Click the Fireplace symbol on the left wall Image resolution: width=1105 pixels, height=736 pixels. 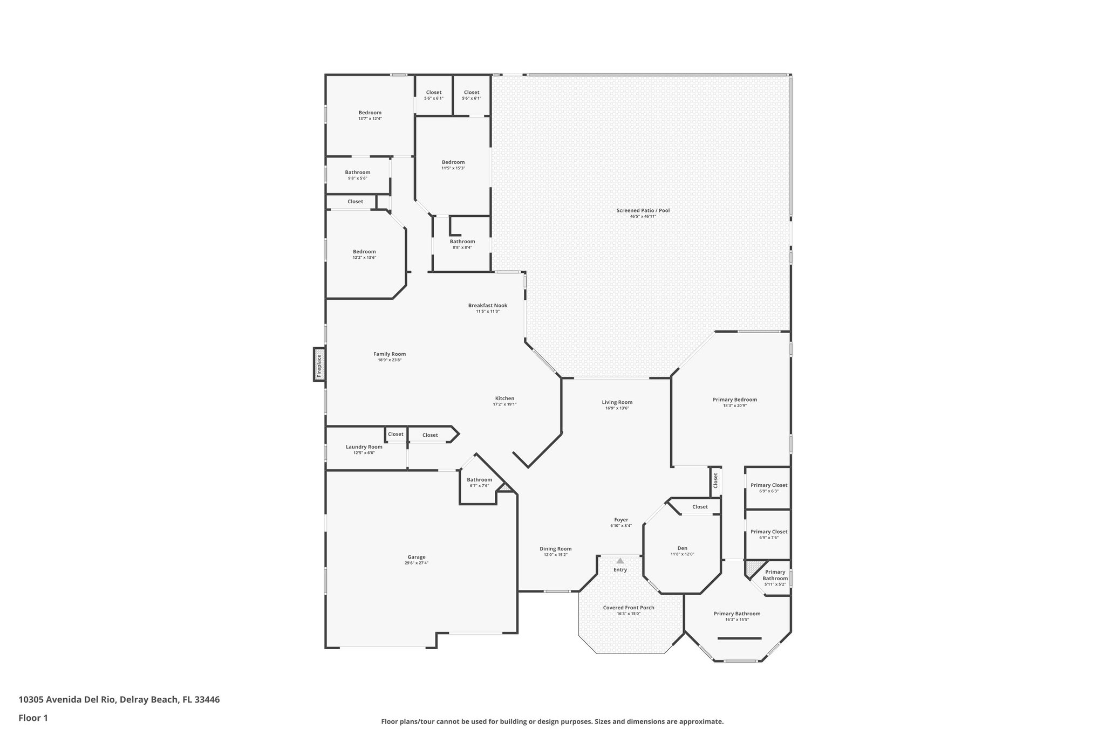[319, 364]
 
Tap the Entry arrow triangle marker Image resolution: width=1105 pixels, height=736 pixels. [620, 561]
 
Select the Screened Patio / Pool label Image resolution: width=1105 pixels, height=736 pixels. [643, 210]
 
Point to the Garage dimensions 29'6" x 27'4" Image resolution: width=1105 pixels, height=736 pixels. [416, 563]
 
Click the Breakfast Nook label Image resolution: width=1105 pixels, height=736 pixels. [487, 305]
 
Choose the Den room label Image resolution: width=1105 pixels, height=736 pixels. [682, 548]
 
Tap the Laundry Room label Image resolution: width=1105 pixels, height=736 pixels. [364, 446]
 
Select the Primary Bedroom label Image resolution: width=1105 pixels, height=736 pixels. [734, 400]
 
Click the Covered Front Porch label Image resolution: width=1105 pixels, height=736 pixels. [628, 608]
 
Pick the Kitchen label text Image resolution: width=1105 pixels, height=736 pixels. [504, 398]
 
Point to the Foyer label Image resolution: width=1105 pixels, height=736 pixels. [620, 520]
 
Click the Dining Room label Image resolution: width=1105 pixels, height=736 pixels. [555, 549]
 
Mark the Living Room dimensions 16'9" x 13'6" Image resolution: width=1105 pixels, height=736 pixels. [617, 408]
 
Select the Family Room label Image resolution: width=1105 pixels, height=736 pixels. [389, 354]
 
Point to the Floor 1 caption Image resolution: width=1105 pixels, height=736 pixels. [33, 718]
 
